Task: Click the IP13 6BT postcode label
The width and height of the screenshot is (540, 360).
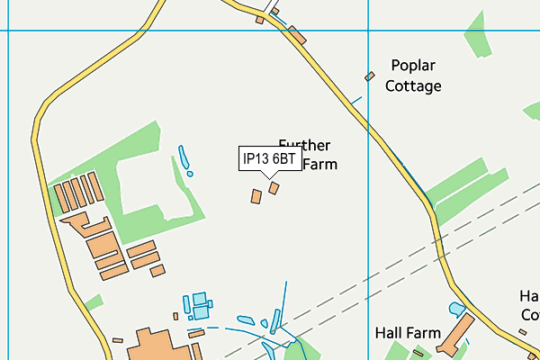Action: [x=269, y=159]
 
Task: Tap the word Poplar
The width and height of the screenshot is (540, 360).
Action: [x=413, y=66]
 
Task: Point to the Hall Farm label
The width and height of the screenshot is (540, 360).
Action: [x=408, y=333]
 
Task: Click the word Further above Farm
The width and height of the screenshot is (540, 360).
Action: [x=304, y=145]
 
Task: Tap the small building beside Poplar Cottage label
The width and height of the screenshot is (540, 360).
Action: [x=369, y=76]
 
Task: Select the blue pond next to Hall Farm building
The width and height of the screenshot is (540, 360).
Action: [x=457, y=310]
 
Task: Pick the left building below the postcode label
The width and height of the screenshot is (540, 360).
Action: [x=256, y=195]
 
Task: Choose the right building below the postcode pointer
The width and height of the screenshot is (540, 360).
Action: [x=274, y=188]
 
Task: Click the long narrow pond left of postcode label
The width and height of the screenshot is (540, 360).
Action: [x=184, y=159]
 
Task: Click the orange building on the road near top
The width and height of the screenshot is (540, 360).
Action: [x=297, y=35]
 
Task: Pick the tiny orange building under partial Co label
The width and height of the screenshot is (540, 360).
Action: [x=523, y=333]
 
